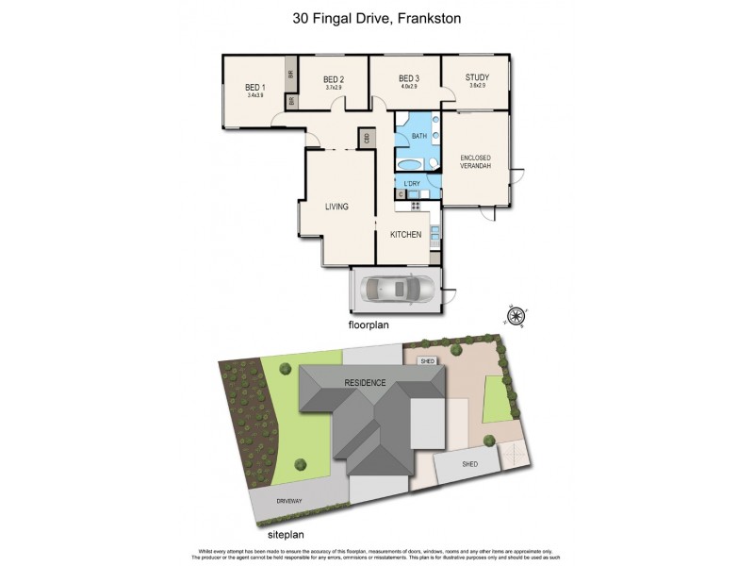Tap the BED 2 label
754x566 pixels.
pyautogui.click(x=334, y=80)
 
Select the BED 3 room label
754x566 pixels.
pyautogui.click(x=407, y=79)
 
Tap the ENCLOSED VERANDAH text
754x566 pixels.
pyautogui.click(x=476, y=162)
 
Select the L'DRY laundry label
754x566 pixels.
pyautogui.click(x=412, y=183)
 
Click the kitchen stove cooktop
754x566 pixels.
pyautogui.click(x=415, y=205)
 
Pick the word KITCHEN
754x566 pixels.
pyautogui.click(x=406, y=234)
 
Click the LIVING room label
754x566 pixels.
pyautogui.click(x=336, y=207)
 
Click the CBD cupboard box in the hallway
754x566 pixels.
pyautogui.click(x=364, y=139)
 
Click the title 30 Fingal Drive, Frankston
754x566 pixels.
pyautogui.click(x=377, y=18)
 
